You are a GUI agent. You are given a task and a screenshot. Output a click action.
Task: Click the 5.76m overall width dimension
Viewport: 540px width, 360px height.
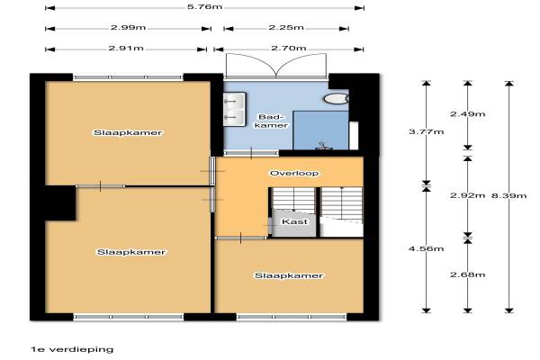point(204,7)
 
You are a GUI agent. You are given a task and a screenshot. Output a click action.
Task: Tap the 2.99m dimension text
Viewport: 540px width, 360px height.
point(128,28)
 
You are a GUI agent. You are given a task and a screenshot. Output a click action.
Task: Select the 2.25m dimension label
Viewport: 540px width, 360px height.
point(286,28)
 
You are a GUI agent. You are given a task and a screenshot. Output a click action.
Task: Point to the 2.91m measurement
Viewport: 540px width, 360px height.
point(126,49)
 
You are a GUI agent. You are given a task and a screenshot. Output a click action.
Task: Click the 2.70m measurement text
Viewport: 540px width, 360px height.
point(289,49)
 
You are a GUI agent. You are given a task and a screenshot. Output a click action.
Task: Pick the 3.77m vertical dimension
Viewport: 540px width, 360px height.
point(426,131)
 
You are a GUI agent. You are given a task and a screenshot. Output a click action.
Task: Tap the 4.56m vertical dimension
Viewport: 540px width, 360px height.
point(426,248)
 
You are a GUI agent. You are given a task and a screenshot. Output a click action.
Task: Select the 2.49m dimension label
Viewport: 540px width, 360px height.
point(467,113)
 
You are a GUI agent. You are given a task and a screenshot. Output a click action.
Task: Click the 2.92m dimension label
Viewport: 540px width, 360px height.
point(467,195)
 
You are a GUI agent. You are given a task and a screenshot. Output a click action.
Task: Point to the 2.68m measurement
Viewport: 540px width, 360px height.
point(467,274)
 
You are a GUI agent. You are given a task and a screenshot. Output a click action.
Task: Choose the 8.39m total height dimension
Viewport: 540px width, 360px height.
point(509,195)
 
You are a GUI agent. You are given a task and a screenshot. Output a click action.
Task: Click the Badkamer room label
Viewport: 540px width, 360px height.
point(272,121)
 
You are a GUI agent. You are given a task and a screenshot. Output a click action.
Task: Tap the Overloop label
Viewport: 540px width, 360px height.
point(294,174)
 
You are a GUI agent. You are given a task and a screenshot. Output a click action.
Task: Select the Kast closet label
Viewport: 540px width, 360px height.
point(294,221)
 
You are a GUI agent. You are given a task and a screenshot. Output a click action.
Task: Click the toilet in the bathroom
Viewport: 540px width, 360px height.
point(337,99)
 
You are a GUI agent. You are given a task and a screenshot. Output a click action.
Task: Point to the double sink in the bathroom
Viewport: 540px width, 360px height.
point(235,109)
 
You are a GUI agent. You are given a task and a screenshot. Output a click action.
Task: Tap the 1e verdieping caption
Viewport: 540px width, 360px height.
point(72,349)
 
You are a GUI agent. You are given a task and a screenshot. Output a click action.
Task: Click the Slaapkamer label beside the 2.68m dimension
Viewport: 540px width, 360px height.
point(289,275)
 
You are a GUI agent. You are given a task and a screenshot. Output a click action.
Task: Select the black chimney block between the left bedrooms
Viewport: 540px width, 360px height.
point(60,202)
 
